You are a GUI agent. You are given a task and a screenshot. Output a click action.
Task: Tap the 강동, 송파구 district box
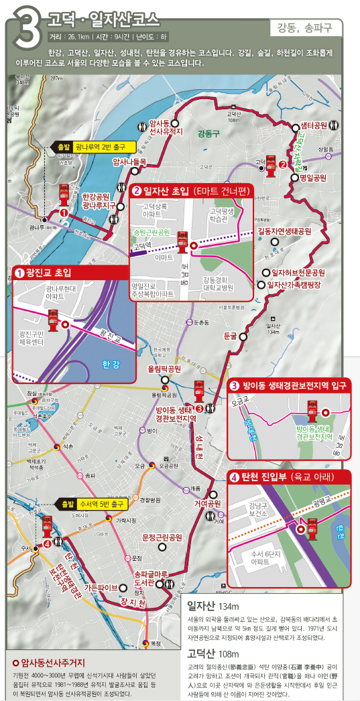point(309,28)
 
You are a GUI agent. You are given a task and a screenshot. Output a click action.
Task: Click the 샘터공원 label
point(313,126)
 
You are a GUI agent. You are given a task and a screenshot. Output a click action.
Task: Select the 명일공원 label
point(312,178)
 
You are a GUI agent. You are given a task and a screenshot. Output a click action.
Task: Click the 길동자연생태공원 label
point(285,231)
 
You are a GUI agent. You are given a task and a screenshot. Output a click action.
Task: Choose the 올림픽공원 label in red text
point(164,369)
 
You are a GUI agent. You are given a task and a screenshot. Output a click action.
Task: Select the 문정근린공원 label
point(162,537)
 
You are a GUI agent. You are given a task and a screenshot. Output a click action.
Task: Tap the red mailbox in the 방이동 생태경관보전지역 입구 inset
point(312,408)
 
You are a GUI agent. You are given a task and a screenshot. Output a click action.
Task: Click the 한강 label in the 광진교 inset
point(111,365)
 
